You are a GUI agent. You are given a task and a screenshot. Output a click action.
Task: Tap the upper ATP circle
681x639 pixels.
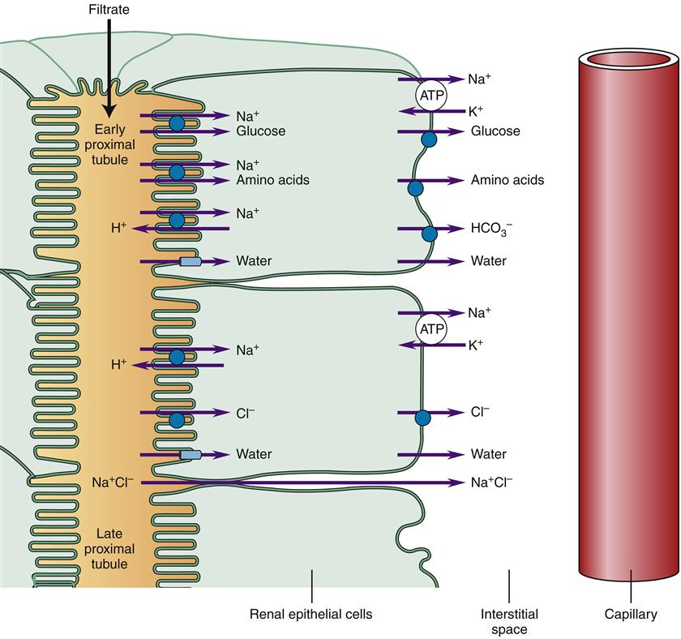pyautogui.click(x=429, y=96)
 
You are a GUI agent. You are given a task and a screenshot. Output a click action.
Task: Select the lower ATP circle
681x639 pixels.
pyautogui.click(x=429, y=328)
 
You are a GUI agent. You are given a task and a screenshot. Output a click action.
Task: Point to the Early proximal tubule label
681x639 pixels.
pyautogui.click(x=111, y=144)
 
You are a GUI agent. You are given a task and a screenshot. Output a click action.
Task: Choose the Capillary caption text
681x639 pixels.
pyautogui.click(x=631, y=615)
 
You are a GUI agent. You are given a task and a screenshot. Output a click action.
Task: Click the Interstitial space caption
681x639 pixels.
pyautogui.click(x=508, y=622)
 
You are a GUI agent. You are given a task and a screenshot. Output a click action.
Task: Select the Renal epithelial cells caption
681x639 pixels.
pyautogui.click(x=311, y=615)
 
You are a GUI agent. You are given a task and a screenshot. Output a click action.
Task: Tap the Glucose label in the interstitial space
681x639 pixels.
pyautogui.click(x=495, y=131)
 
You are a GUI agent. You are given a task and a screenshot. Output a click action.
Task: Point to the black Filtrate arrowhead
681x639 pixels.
pyautogui.click(x=110, y=114)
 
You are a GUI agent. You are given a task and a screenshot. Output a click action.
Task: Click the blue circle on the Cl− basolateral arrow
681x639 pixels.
pyautogui.click(x=422, y=418)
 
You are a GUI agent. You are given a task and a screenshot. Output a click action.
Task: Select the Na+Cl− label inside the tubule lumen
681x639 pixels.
pyautogui.click(x=113, y=482)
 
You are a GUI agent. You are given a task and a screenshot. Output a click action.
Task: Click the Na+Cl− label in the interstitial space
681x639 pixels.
pyautogui.click(x=491, y=482)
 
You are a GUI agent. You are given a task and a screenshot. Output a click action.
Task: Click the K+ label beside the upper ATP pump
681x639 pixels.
pyautogui.click(x=476, y=112)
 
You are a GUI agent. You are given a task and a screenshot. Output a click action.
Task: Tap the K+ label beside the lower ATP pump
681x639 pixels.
pyautogui.click(x=476, y=345)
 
